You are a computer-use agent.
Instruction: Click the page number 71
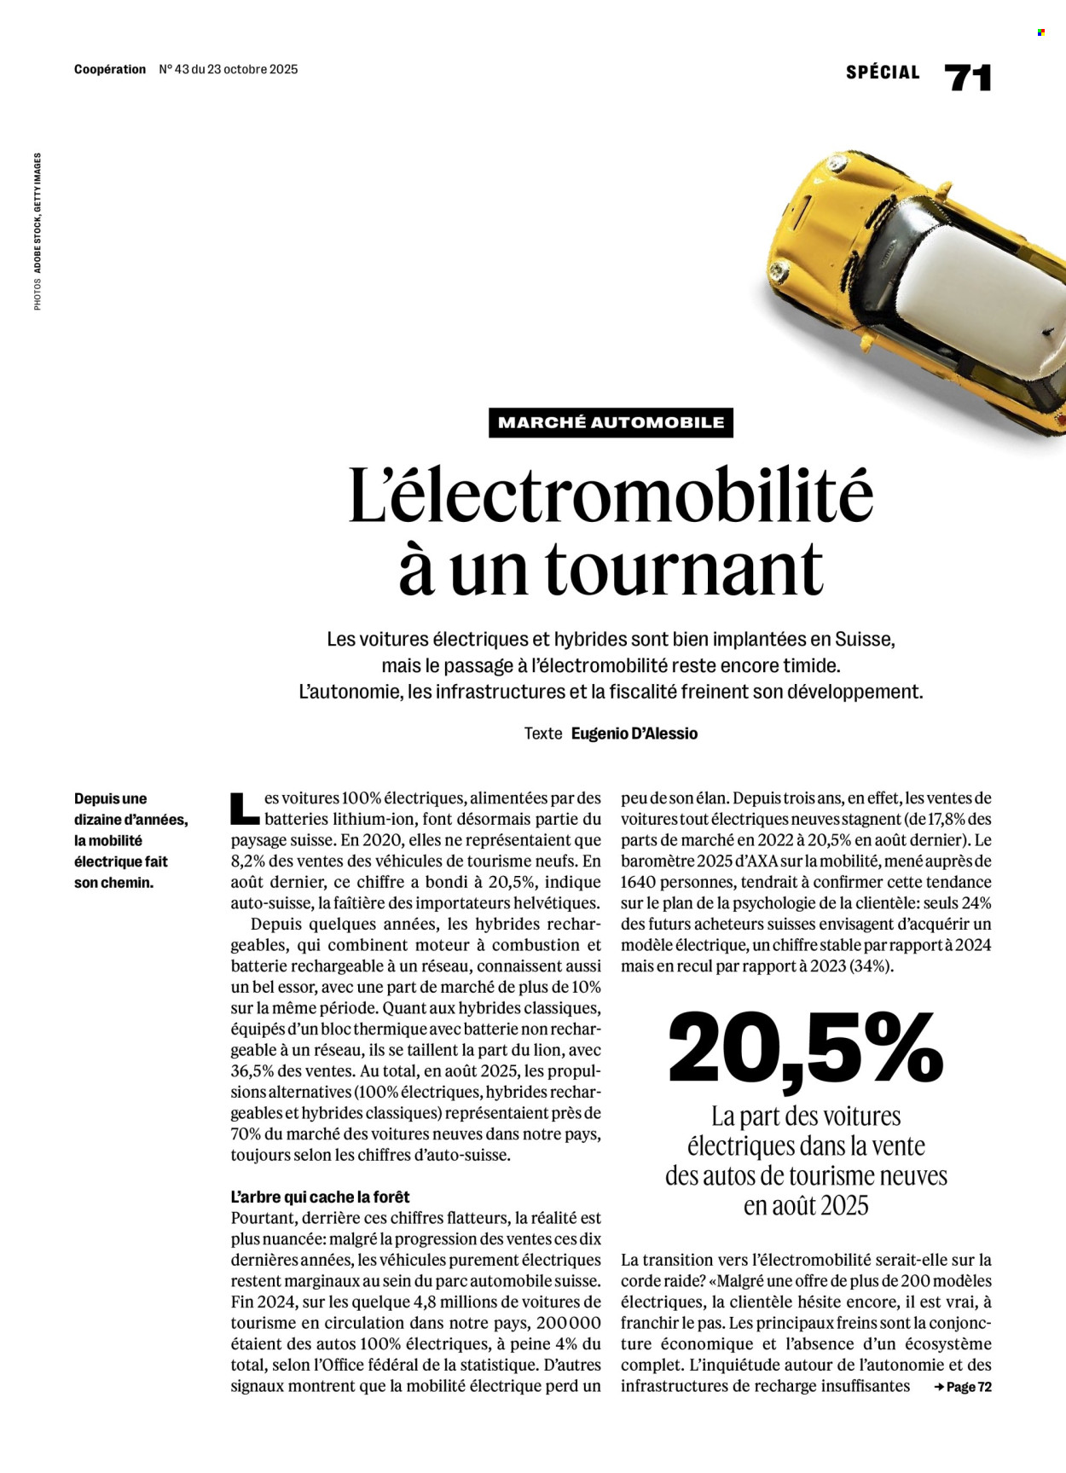click(968, 78)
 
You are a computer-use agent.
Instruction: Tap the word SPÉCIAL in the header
click(883, 73)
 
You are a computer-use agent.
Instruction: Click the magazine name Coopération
click(110, 70)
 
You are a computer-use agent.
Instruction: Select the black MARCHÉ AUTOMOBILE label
click(611, 422)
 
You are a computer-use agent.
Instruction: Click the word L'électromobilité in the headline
click(611, 496)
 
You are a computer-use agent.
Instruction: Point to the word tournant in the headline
click(684, 569)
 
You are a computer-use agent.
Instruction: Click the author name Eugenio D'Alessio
click(634, 734)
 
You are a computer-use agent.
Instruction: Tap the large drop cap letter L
click(244, 809)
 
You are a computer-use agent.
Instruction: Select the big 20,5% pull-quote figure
click(805, 1050)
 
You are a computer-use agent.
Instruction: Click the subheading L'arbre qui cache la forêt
click(320, 1197)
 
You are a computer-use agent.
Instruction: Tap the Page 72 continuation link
click(964, 1387)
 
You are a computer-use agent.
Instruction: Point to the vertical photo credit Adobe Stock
click(38, 254)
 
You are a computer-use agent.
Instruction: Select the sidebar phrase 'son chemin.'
click(113, 883)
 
